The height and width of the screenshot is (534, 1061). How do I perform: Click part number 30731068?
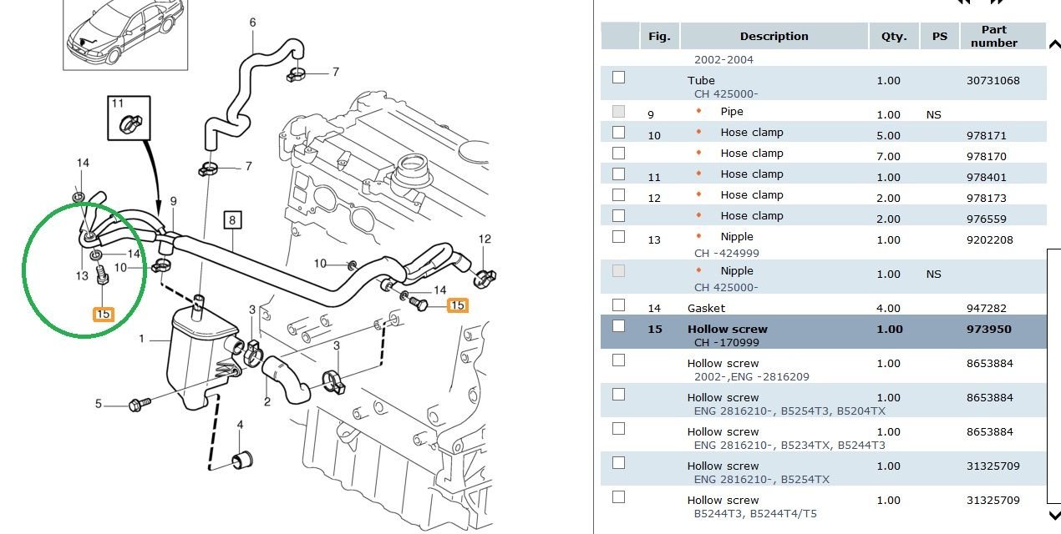click(x=992, y=81)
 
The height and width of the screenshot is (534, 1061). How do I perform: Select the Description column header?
click(x=774, y=37)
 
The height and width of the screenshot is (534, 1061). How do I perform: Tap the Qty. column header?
click(x=893, y=37)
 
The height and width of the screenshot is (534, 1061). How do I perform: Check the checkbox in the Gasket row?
click(x=618, y=305)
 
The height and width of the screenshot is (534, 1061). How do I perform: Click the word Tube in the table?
click(x=701, y=81)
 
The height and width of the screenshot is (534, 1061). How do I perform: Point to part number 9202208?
click(x=990, y=240)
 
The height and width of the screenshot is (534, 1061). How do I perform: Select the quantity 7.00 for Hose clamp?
click(x=889, y=157)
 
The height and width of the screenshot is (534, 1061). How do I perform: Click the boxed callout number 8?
click(x=231, y=220)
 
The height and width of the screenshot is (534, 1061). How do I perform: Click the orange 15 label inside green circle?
click(x=103, y=315)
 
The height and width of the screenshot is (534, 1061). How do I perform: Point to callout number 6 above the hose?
click(x=252, y=23)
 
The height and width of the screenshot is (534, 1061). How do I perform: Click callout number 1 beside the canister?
click(x=142, y=340)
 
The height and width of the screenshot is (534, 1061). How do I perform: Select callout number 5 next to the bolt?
click(x=98, y=405)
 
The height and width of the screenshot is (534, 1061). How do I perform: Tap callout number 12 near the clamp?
click(x=485, y=239)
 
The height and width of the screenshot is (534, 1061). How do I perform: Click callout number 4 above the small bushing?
click(x=240, y=426)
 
